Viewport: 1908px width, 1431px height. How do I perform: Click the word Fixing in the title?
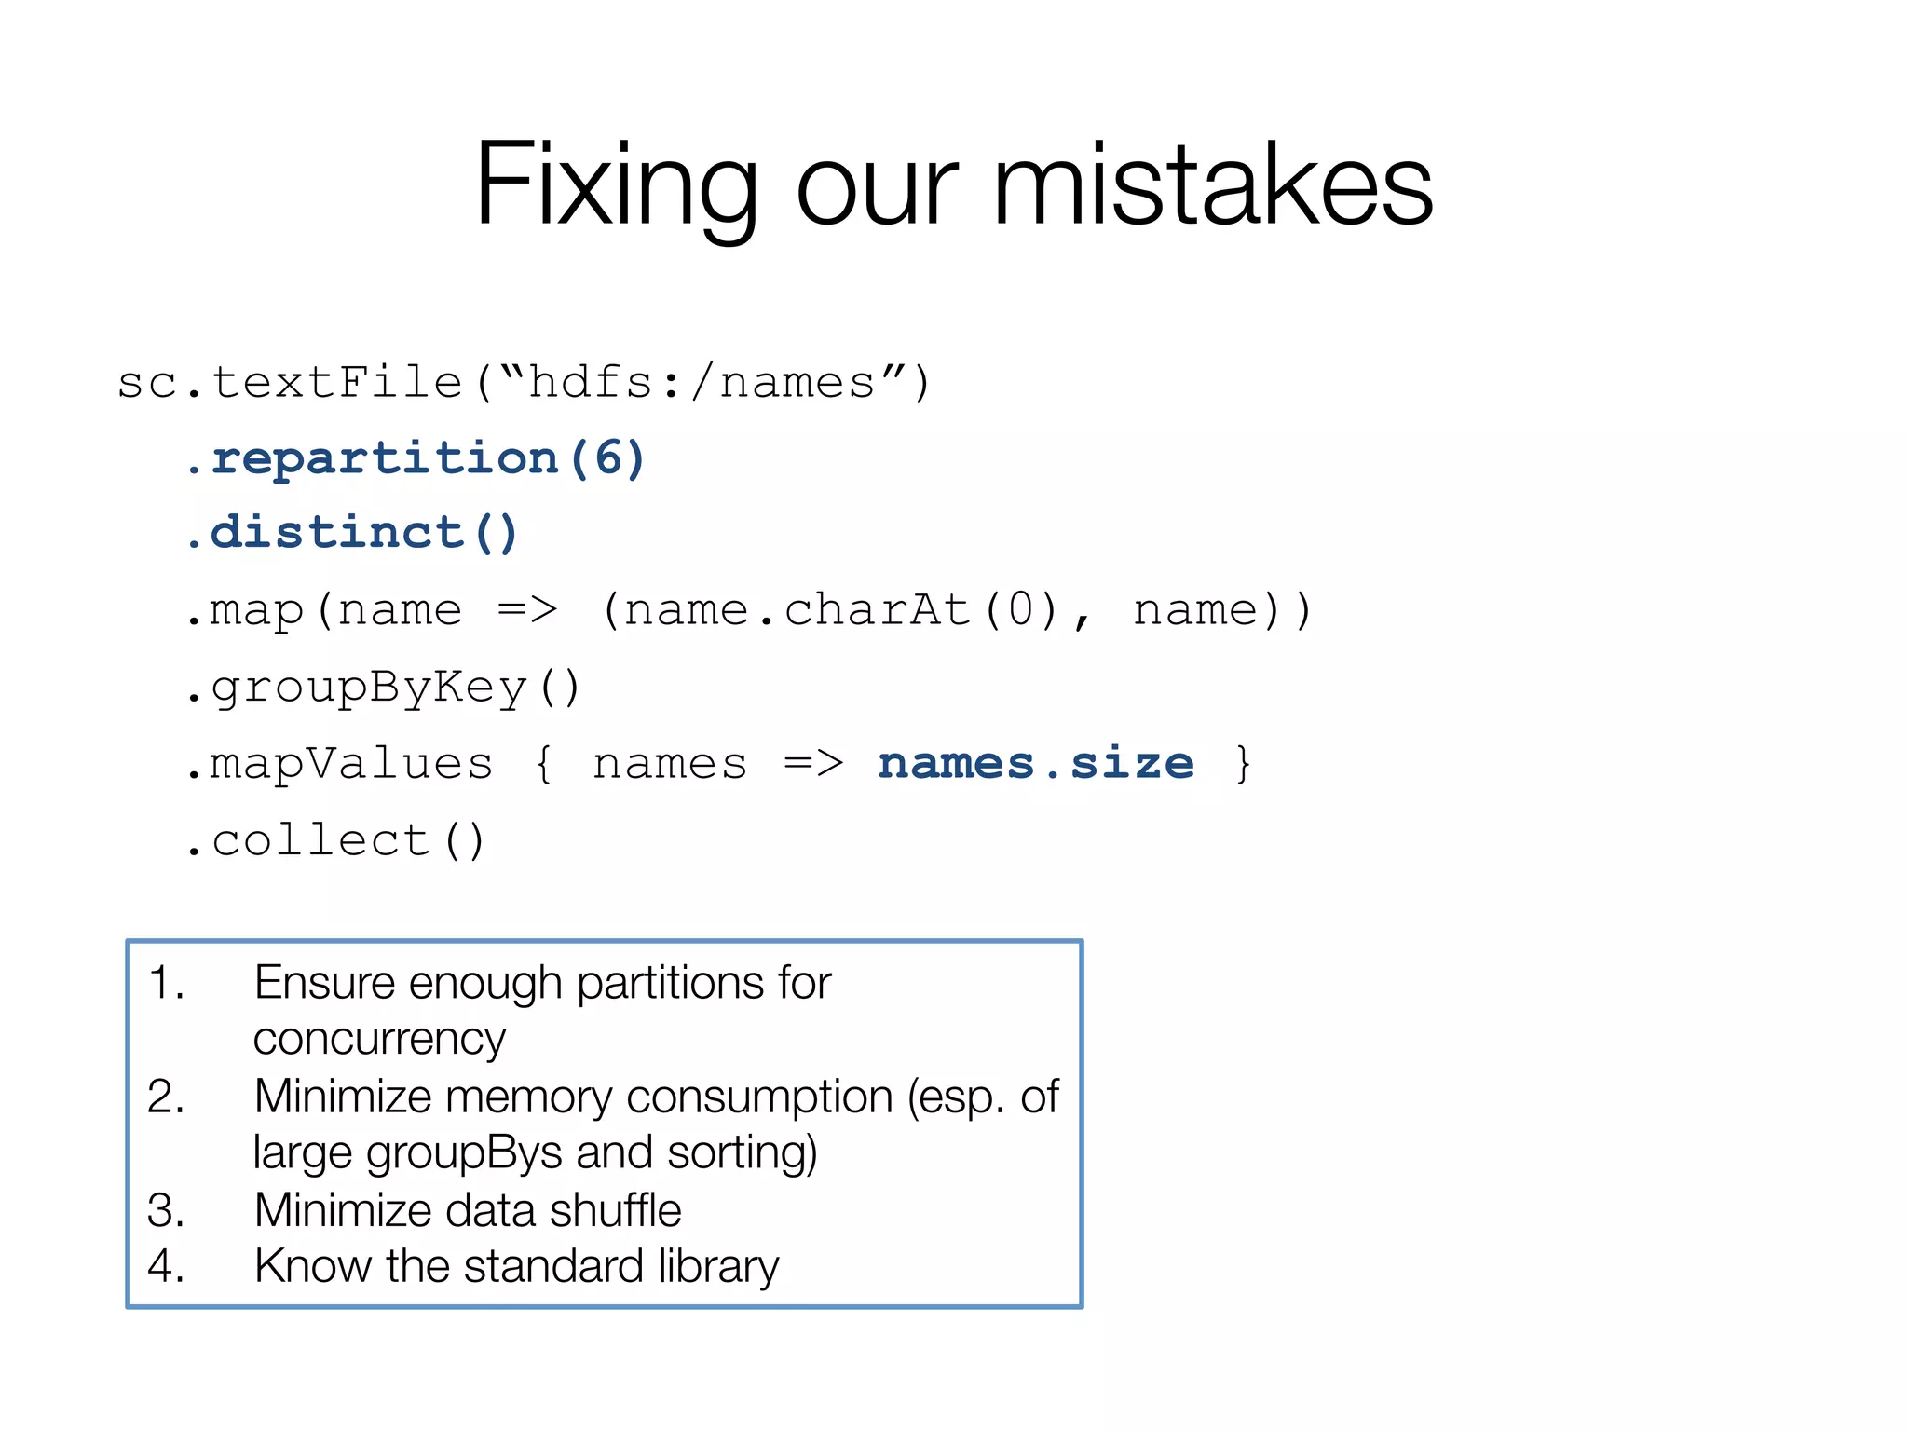(x=615, y=184)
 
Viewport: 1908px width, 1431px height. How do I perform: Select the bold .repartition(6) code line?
(x=416, y=458)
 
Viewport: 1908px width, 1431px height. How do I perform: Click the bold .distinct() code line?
(x=352, y=534)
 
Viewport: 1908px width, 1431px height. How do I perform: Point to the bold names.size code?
(x=1035, y=764)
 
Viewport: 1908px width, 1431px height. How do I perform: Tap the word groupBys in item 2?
(x=464, y=1153)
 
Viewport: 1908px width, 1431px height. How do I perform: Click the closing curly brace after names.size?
(x=1243, y=764)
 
